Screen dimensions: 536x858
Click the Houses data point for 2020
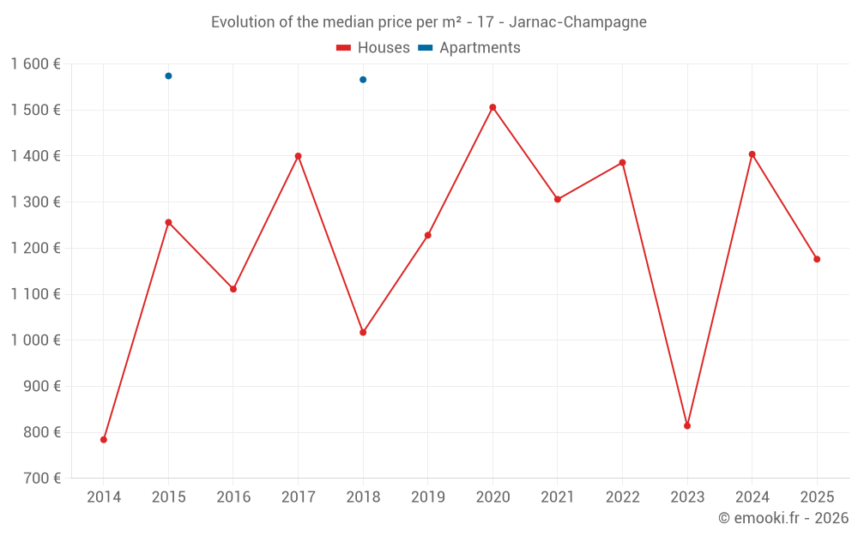click(492, 107)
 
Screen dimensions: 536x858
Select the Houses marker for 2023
click(687, 425)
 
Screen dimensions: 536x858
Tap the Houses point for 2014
click(104, 439)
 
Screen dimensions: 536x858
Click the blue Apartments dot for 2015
click(168, 75)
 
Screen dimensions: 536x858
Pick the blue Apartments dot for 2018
click(363, 80)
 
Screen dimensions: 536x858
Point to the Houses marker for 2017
click(298, 156)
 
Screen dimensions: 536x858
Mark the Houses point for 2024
click(752, 154)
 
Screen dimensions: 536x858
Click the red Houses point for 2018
click(363, 332)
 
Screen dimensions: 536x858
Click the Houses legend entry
click(373, 48)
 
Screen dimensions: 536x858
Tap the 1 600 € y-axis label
click(36, 64)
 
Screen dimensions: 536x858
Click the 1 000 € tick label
click(36, 340)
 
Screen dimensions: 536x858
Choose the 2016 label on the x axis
click(233, 497)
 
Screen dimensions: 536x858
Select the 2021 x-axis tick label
click(558, 497)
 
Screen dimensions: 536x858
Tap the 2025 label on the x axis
click(817, 497)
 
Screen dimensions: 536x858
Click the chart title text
click(429, 21)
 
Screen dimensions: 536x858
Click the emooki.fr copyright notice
click(783, 518)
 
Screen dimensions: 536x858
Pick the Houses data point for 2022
click(622, 162)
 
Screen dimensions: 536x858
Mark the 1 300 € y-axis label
click(36, 202)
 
